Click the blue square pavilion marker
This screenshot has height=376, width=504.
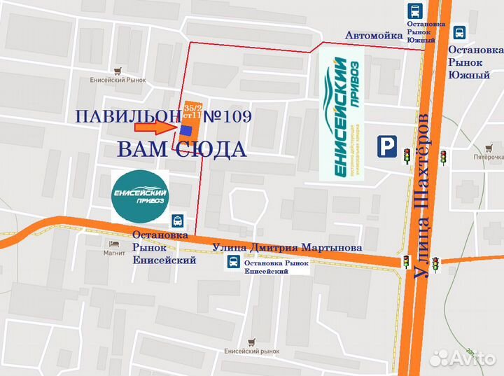[x=185, y=130]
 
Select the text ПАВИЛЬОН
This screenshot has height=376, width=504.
[x=127, y=116]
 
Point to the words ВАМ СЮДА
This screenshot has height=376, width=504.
[x=181, y=148]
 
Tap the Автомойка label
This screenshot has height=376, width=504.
[x=373, y=35]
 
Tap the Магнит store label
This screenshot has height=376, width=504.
[x=113, y=243]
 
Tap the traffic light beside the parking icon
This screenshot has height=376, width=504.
[x=405, y=155]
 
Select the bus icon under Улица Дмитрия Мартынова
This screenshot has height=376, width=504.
[x=231, y=263]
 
